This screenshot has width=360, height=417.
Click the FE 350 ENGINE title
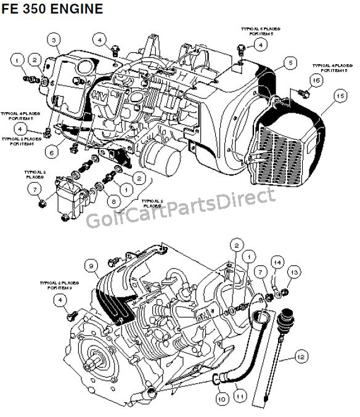tap(52, 10)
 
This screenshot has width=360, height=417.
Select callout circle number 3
tap(54, 41)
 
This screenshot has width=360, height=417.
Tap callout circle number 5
tap(287, 62)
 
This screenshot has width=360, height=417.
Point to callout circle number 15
tap(338, 96)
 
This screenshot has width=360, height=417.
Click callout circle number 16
tap(315, 79)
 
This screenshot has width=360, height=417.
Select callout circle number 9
tap(92, 266)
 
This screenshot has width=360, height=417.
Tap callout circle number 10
tap(220, 399)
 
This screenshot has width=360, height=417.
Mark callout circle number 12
tap(300, 355)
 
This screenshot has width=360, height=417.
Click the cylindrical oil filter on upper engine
tap(163, 159)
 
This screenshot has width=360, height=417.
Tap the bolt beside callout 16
tap(301, 92)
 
